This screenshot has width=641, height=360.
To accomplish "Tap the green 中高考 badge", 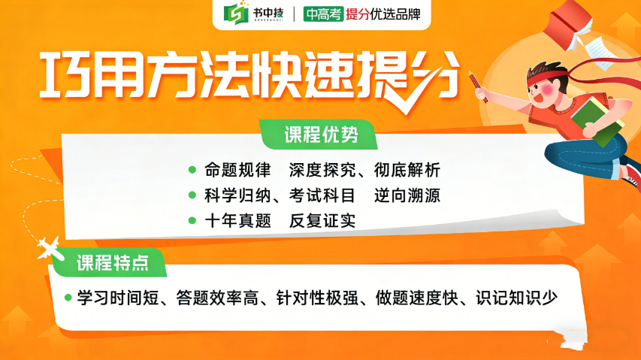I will coord(322,14).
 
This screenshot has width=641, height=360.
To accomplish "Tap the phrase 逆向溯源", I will coord(407,195).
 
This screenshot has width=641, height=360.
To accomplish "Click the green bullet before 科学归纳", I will coord(192,195).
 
